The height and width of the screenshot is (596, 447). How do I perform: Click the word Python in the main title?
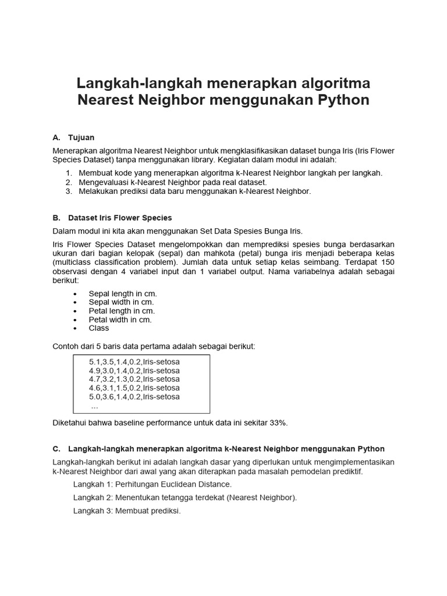point(343,100)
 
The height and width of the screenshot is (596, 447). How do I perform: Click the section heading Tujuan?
point(81,138)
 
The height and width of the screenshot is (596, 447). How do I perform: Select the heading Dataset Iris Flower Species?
point(120,218)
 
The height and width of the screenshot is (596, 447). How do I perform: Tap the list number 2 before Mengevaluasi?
point(69,182)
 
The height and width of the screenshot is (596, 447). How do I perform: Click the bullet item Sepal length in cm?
point(123,293)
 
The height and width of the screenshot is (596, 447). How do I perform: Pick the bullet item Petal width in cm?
point(120,320)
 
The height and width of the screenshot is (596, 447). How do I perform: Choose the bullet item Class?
point(99,328)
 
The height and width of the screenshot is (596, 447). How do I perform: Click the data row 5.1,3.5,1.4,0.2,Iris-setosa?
point(134,361)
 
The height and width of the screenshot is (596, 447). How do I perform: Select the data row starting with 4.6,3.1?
point(134,388)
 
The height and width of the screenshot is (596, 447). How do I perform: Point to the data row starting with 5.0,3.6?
point(134,396)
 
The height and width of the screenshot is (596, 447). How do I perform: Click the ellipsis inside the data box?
point(95,406)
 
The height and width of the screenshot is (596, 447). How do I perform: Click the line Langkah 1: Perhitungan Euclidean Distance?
point(152,484)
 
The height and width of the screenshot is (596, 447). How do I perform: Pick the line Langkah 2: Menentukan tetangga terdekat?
point(185,497)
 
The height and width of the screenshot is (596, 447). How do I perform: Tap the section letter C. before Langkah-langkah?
point(56,449)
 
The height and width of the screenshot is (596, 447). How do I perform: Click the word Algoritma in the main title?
point(329,81)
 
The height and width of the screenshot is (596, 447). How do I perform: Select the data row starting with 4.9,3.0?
point(134,370)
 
